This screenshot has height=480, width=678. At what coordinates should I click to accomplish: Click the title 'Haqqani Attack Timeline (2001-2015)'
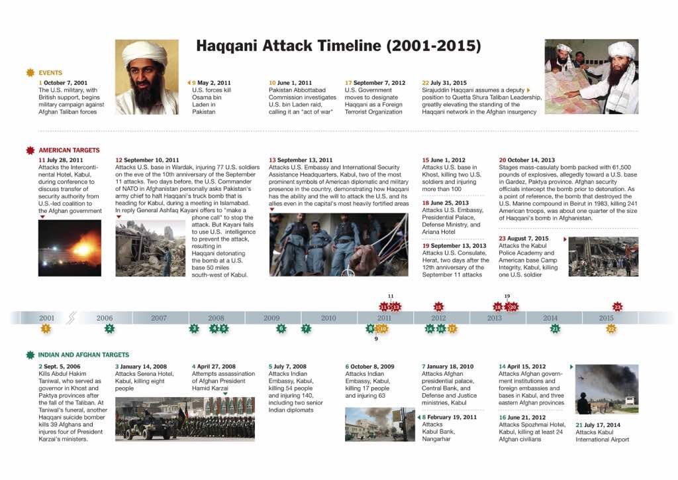pyautogui.click(x=338, y=46)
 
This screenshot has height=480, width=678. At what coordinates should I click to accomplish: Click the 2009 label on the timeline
pyautogui.click(x=271, y=318)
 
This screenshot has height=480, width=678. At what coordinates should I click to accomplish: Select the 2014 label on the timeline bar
pyautogui.click(x=550, y=318)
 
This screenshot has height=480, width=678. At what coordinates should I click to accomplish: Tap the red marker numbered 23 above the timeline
pyautogui.click(x=618, y=307)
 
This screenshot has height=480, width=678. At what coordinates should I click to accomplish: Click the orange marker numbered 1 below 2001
pyautogui.click(x=46, y=328)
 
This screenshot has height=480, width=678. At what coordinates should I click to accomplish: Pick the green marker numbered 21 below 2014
pyautogui.click(x=556, y=328)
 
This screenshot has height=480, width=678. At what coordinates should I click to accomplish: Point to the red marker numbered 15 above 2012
pyautogui.click(x=438, y=307)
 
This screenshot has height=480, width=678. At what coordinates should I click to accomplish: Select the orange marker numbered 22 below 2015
pyautogui.click(x=611, y=328)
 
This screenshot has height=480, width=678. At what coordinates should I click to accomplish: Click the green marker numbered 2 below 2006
pyautogui.click(x=109, y=328)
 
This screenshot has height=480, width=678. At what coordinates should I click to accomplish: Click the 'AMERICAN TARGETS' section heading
pyautogui.click(x=69, y=150)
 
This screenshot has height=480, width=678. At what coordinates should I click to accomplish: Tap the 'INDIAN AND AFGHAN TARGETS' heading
pyautogui.click(x=83, y=355)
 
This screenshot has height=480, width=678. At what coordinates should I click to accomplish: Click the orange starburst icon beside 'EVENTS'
pyautogui.click(x=30, y=72)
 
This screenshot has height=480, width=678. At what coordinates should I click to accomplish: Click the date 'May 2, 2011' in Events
pyautogui.click(x=215, y=82)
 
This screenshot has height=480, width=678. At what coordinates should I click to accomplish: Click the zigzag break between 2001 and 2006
pyautogui.click(x=72, y=318)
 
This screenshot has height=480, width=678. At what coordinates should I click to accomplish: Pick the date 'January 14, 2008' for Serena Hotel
pyautogui.click(x=144, y=366)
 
